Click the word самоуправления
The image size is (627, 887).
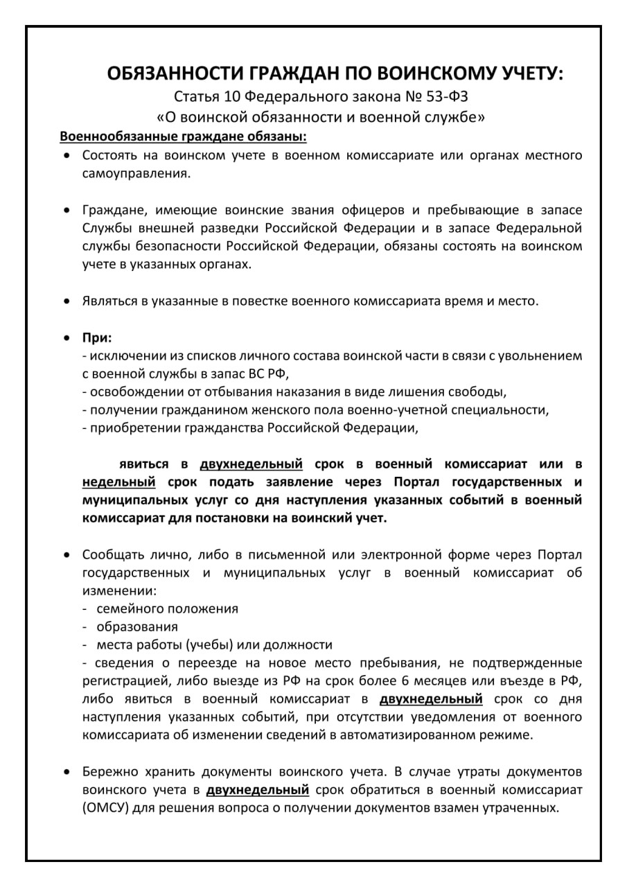(x=136, y=173)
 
